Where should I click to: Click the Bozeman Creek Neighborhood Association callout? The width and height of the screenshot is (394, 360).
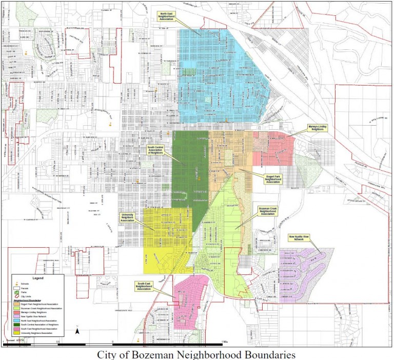268,210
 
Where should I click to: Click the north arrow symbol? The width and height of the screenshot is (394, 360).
77,331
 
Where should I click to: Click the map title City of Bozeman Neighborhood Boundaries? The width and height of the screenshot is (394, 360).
196,354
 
